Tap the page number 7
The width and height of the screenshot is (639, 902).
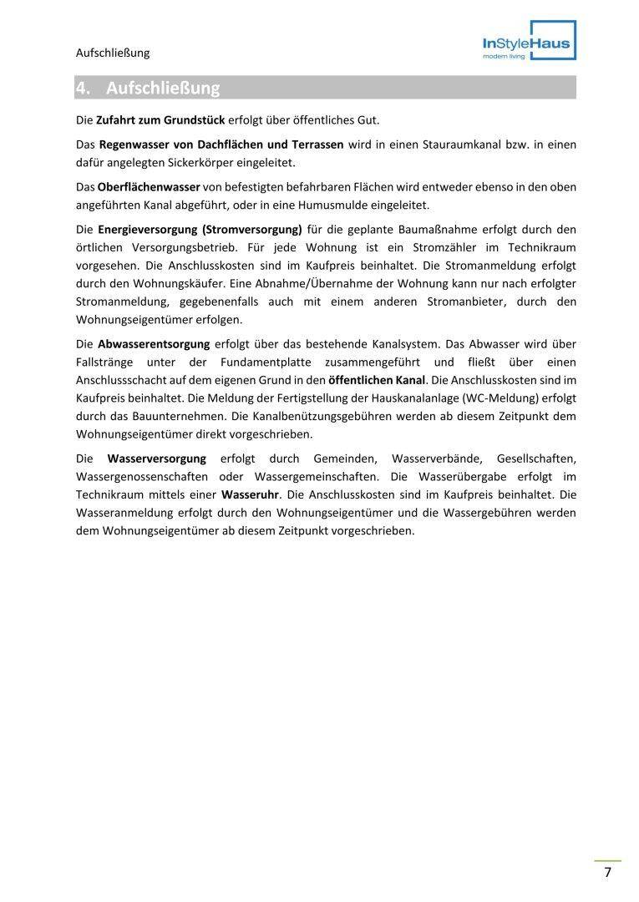pyautogui.click(x=607, y=873)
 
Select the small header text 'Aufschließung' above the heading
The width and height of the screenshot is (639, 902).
pyautogui.click(x=113, y=53)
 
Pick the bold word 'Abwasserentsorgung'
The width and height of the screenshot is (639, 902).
pyautogui.click(x=154, y=343)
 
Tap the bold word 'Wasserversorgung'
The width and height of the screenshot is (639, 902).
pyautogui.click(x=156, y=459)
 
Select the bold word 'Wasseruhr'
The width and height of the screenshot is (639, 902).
pyautogui.click(x=251, y=494)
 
